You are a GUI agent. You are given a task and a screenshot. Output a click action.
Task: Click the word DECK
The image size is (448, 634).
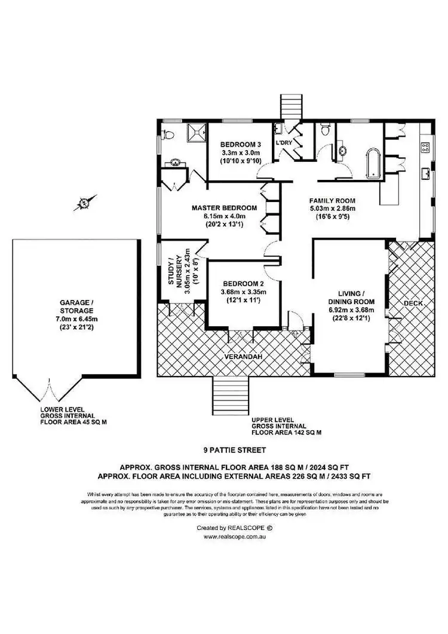tap(413, 304)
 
